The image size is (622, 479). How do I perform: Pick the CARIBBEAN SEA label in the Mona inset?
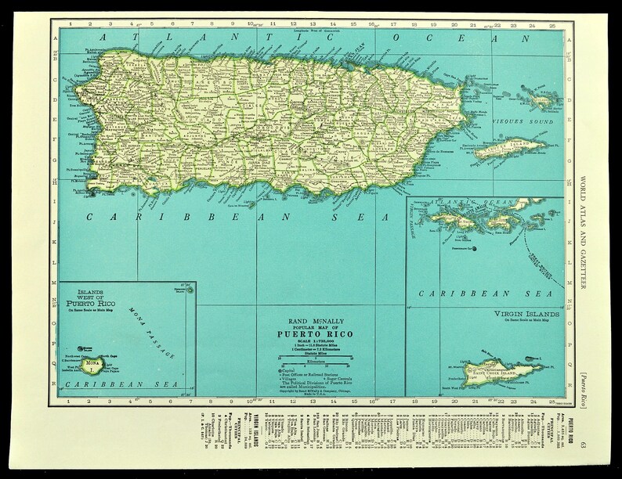[99, 385]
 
